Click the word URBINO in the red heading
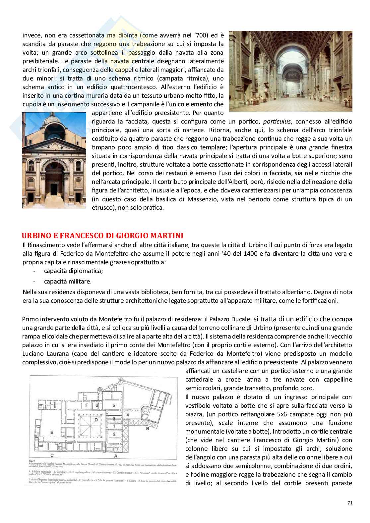(x=35, y=236)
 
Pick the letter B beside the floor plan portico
(x=147, y=428)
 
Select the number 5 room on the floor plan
(x=113, y=405)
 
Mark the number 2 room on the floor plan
(x=114, y=434)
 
